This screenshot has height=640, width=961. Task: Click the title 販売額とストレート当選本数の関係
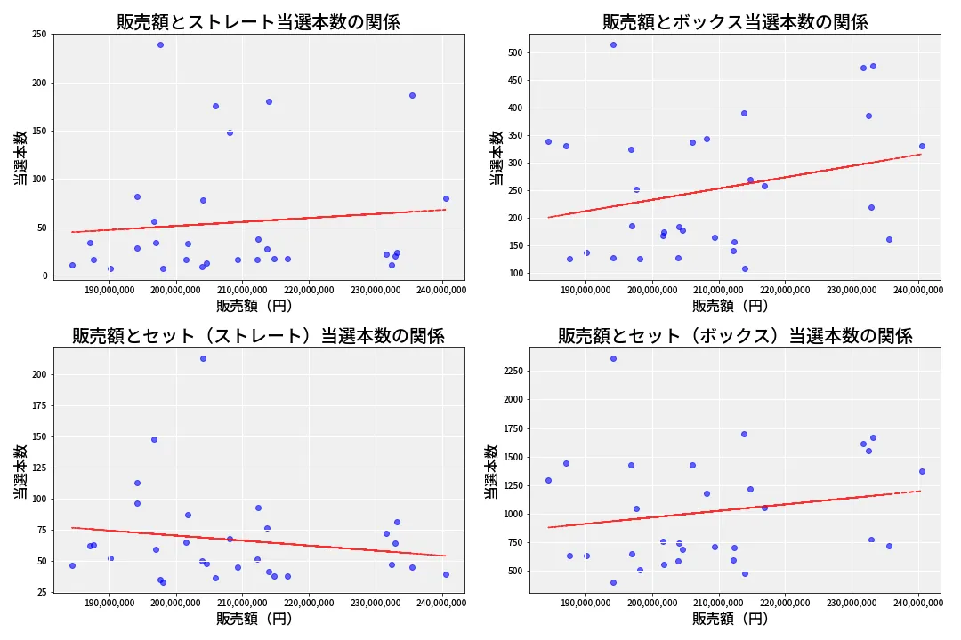pyautogui.click(x=258, y=22)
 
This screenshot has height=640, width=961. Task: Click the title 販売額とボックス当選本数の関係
pyautogui.click(x=735, y=22)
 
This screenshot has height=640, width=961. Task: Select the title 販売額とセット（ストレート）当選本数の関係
pyautogui.click(x=258, y=336)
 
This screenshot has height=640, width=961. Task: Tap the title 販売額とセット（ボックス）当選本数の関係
pyautogui.click(x=735, y=336)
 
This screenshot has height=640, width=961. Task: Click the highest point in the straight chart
pyautogui.click(x=160, y=44)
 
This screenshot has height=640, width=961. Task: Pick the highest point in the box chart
pyautogui.click(x=613, y=44)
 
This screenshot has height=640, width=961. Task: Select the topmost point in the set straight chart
pyautogui.click(x=203, y=358)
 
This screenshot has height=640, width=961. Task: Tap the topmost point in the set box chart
pyautogui.click(x=613, y=358)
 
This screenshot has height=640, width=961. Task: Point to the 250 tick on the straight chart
pyautogui.click(x=39, y=35)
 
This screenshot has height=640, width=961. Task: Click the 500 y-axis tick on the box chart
pyautogui.click(x=515, y=53)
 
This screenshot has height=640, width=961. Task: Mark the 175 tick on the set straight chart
pyautogui.click(x=39, y=405)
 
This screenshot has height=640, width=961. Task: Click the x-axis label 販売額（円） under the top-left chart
pyautogui.click(x=258, y=306)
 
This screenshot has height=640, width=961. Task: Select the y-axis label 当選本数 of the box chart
pyautogui.click(x=497, y=157)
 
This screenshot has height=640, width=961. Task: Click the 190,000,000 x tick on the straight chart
pyautogui.click(x=108, y=289)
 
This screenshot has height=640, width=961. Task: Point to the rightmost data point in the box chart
pyautogui.click(x=922, y=146)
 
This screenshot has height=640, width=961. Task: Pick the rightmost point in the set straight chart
pyautogui.click(x=446, y=574)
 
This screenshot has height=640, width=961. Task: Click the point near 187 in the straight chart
pyautogui.click(x=412, y=95)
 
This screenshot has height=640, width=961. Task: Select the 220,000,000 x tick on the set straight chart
pyautogui.click(x=309, y=603)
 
